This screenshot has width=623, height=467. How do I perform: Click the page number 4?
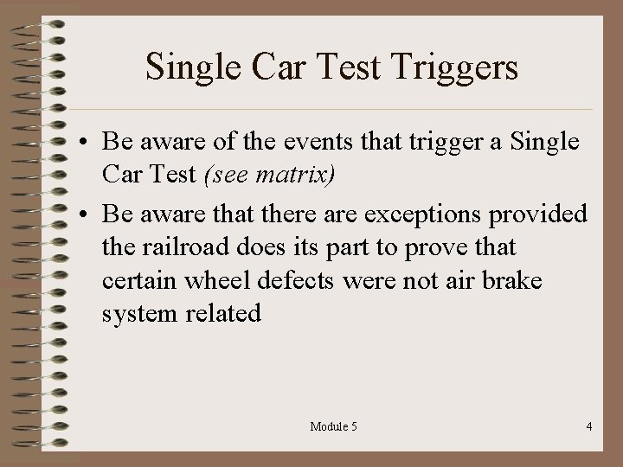pos(588,426)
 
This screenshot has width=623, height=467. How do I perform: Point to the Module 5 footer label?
pos(334,426)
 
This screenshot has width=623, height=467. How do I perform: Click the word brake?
pos(516,281)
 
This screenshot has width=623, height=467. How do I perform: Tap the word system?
pos(138,314)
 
